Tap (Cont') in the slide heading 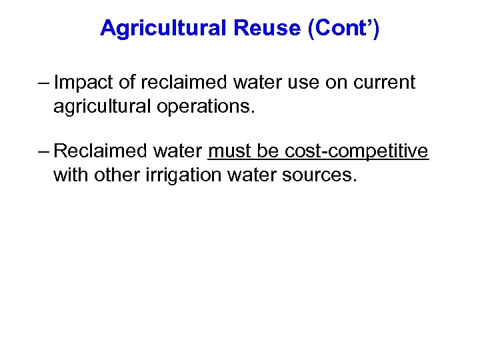(343, 28)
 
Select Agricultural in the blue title (163, 28)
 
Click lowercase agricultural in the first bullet (101, 107)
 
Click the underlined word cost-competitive (356, 151)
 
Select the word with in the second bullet (70, 175)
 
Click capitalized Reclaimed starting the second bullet (99, 151)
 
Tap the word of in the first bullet (126, 83)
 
